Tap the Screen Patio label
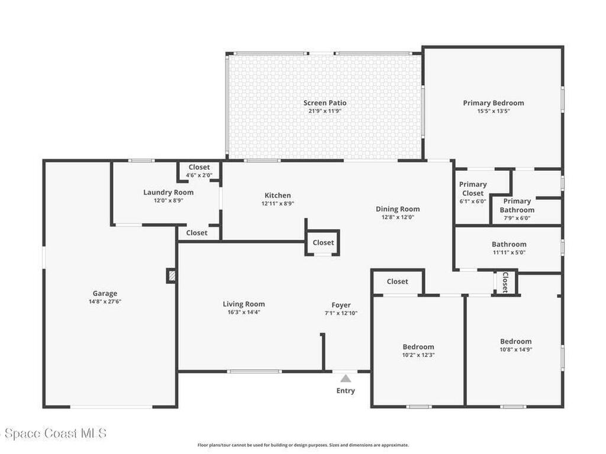click(x=325, y=103)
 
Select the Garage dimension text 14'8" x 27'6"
click(x=105, y=301)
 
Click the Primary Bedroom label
click(x=494, y=103)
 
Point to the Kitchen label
click(x=278, y=195)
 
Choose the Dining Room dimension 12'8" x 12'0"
click(x=398, y=217)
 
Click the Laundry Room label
click(x=168, y=192)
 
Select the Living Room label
click(x=243, y=304)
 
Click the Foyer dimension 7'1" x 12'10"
click(x=341, y=313)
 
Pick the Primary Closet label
click(x=473, y=189)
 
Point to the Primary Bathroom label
click(x=517, y=205)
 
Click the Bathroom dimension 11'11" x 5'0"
click(x=509, y=252)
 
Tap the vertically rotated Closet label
click(x=505, y=282)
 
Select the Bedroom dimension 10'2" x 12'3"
click(x=418, y=355)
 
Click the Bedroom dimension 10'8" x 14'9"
click(x=515, y=349)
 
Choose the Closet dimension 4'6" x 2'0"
click(x=199, y=175)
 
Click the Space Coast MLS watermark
click(x=53, y=433)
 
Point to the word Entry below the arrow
click(x=346, y=391)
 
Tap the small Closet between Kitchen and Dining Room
click(x=323, y=242)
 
